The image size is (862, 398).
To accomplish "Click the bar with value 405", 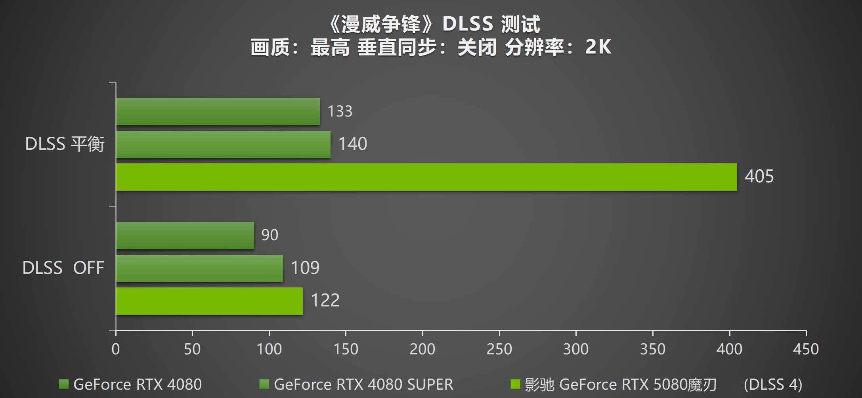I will click(x=426, y=177).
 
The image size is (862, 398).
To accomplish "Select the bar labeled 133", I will click(x=218, y=112).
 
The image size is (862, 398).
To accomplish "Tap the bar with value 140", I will click(x=223, y=145).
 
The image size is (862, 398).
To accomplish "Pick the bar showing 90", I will click(x=185, y=236).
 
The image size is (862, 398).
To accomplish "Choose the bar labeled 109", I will click(x=199, y=268).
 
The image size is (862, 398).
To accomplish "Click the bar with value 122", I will click(x=209, y=301).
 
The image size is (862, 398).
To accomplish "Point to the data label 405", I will click(x=759, y=176).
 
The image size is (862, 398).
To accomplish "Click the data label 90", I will click(x=269, y=235).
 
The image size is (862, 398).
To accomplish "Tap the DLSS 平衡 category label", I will click(x=65, y=144).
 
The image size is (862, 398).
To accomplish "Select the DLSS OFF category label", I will click(x=63, y=268).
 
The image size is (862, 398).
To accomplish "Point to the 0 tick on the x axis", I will click(x=115, y=349).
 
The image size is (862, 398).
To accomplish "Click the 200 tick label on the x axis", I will click(x=422, y=349).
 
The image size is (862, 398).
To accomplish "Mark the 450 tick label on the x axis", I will click(x=805, y=349).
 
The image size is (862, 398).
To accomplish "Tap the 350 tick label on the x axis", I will click(x=652, y=349).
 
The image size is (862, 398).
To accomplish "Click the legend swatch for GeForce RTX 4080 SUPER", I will click(x=264, y=384).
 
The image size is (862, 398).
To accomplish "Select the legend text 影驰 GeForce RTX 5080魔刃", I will click(x=620, y=385).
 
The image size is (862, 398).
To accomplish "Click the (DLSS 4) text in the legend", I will click(x=772, y=385).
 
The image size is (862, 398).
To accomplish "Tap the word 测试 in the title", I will click(x=520, y=24).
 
